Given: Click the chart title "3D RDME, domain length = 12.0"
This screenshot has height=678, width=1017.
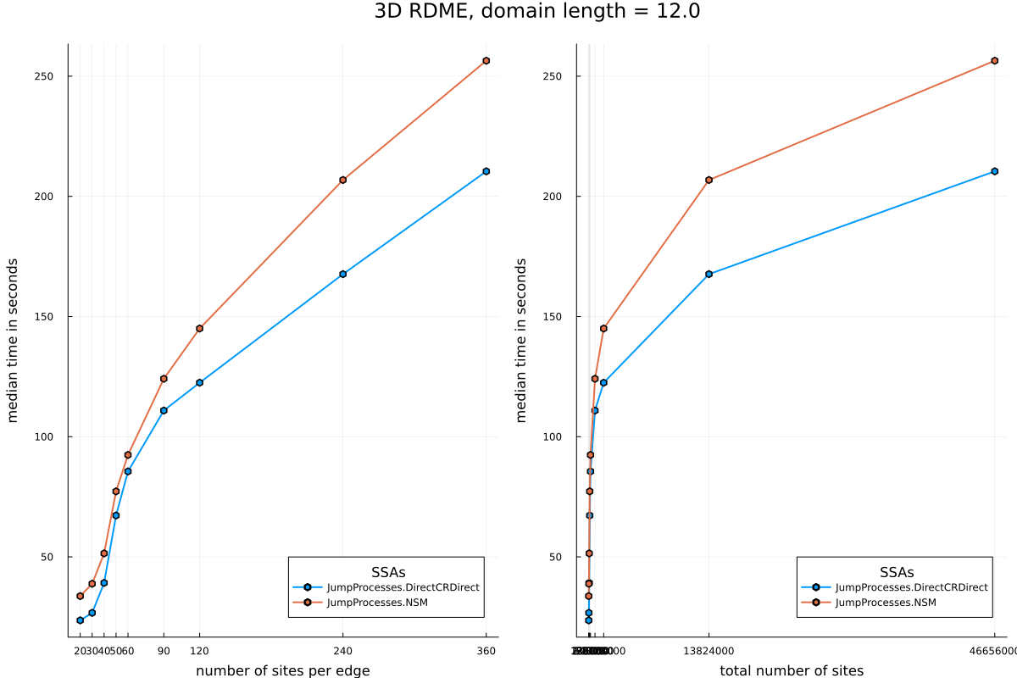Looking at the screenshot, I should point(536,12).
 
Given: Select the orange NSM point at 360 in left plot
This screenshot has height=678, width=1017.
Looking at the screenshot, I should point(486,61).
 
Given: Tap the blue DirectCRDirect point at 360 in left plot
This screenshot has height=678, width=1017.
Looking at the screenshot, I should point(486,171).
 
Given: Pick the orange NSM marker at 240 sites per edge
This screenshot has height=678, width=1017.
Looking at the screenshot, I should point(342,180).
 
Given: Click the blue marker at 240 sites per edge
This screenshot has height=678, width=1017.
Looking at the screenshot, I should point(342,274).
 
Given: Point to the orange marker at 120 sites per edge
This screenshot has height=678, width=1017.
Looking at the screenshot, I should point(199,328).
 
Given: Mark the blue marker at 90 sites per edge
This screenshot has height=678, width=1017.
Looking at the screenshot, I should point(164,410).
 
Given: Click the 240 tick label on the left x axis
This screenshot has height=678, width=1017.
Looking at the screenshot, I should point(342,651).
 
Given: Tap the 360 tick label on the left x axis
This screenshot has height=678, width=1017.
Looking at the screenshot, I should point(486,651).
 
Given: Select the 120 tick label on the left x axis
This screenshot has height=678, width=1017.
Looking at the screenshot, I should point(199,651).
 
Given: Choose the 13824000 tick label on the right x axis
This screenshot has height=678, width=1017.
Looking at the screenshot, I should point(709,651).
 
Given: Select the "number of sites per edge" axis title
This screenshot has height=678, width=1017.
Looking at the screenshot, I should point(282,670).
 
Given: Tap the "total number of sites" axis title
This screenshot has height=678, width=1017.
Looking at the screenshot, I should point(791,670).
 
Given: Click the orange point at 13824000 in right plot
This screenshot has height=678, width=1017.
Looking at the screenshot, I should point(709,180).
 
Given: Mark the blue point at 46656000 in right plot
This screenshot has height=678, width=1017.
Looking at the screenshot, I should point(994,171).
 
